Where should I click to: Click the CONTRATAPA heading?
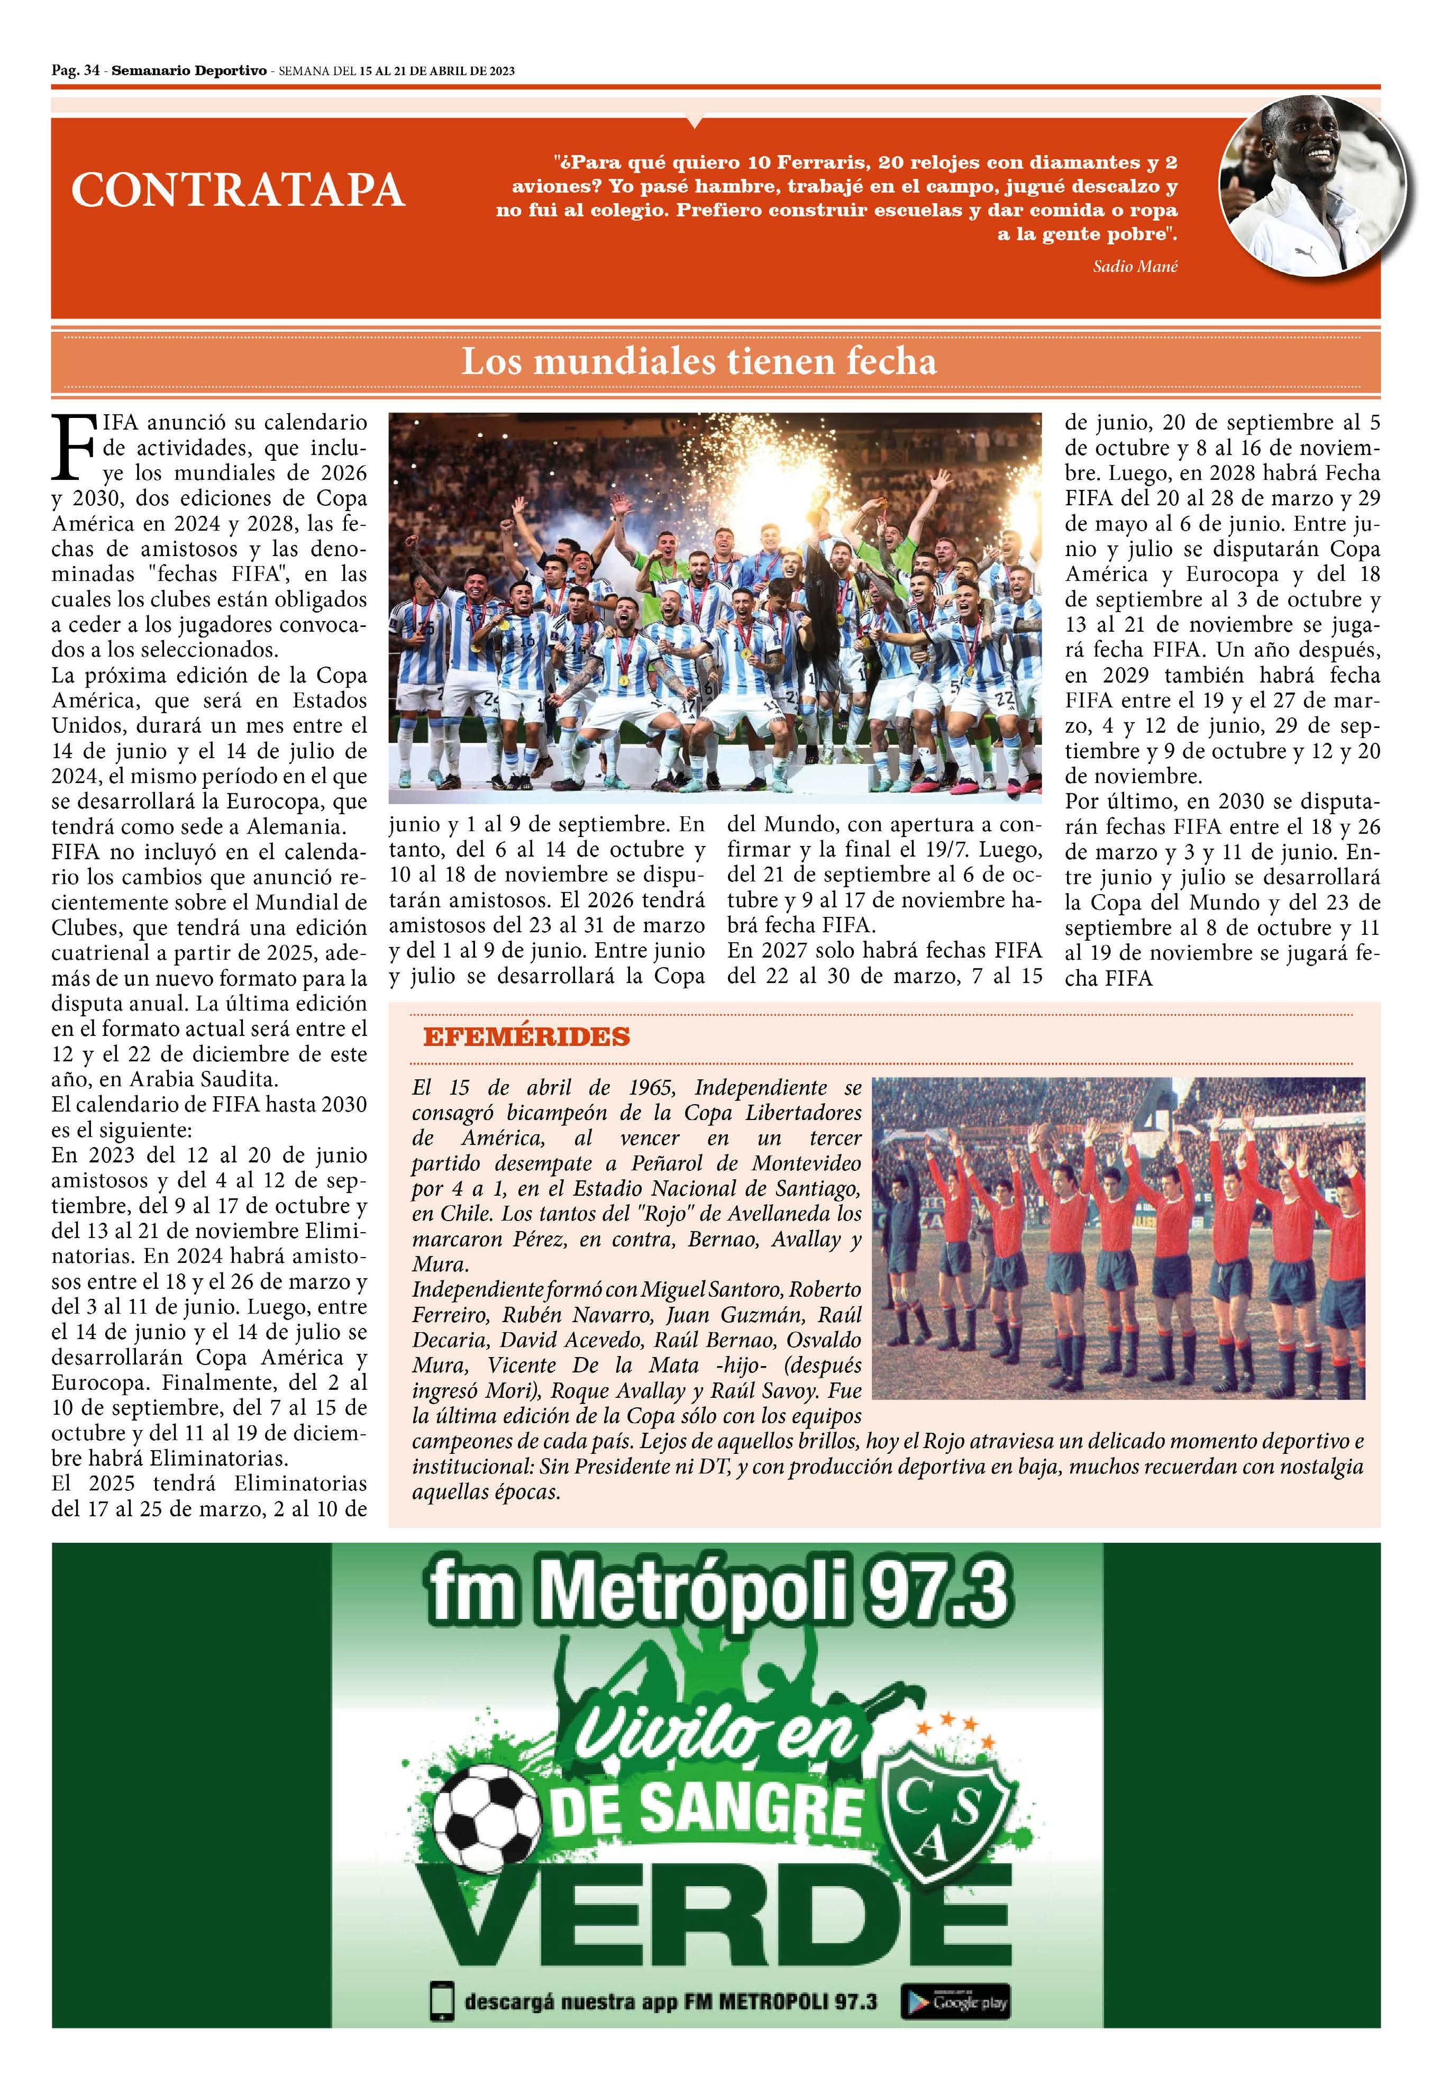(238, 190)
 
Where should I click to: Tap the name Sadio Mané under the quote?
(1135, 267)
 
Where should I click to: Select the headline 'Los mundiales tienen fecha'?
(699, 361)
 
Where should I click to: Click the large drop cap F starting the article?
(72, 446)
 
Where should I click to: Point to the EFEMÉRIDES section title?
(527, 1037)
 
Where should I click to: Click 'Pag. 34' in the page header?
(75, 71)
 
